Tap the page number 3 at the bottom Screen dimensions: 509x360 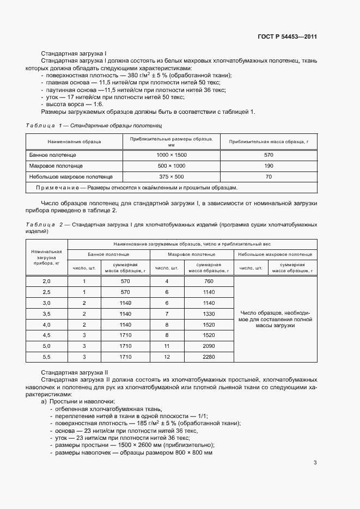(x=315, y=463)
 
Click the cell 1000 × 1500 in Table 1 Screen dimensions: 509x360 (x=171, y=155)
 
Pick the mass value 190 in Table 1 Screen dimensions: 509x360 (x=269, y=166)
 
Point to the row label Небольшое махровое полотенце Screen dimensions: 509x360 (x=71, y=177)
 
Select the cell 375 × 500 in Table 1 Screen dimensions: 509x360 (x=171, y=177)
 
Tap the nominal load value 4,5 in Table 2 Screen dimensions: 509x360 (x=46, y=335)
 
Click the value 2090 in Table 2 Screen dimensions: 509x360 (x=209, y=346)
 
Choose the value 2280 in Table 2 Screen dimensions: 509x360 (x=209, y=357)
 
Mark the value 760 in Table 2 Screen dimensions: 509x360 (x=209, y=281)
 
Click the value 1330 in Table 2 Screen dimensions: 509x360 (x=209, y=314)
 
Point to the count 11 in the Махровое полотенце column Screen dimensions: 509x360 (x=167, y=346)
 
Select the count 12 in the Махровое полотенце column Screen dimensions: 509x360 (x=167, y=357)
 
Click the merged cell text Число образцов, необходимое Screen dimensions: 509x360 (x=275, y=318)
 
